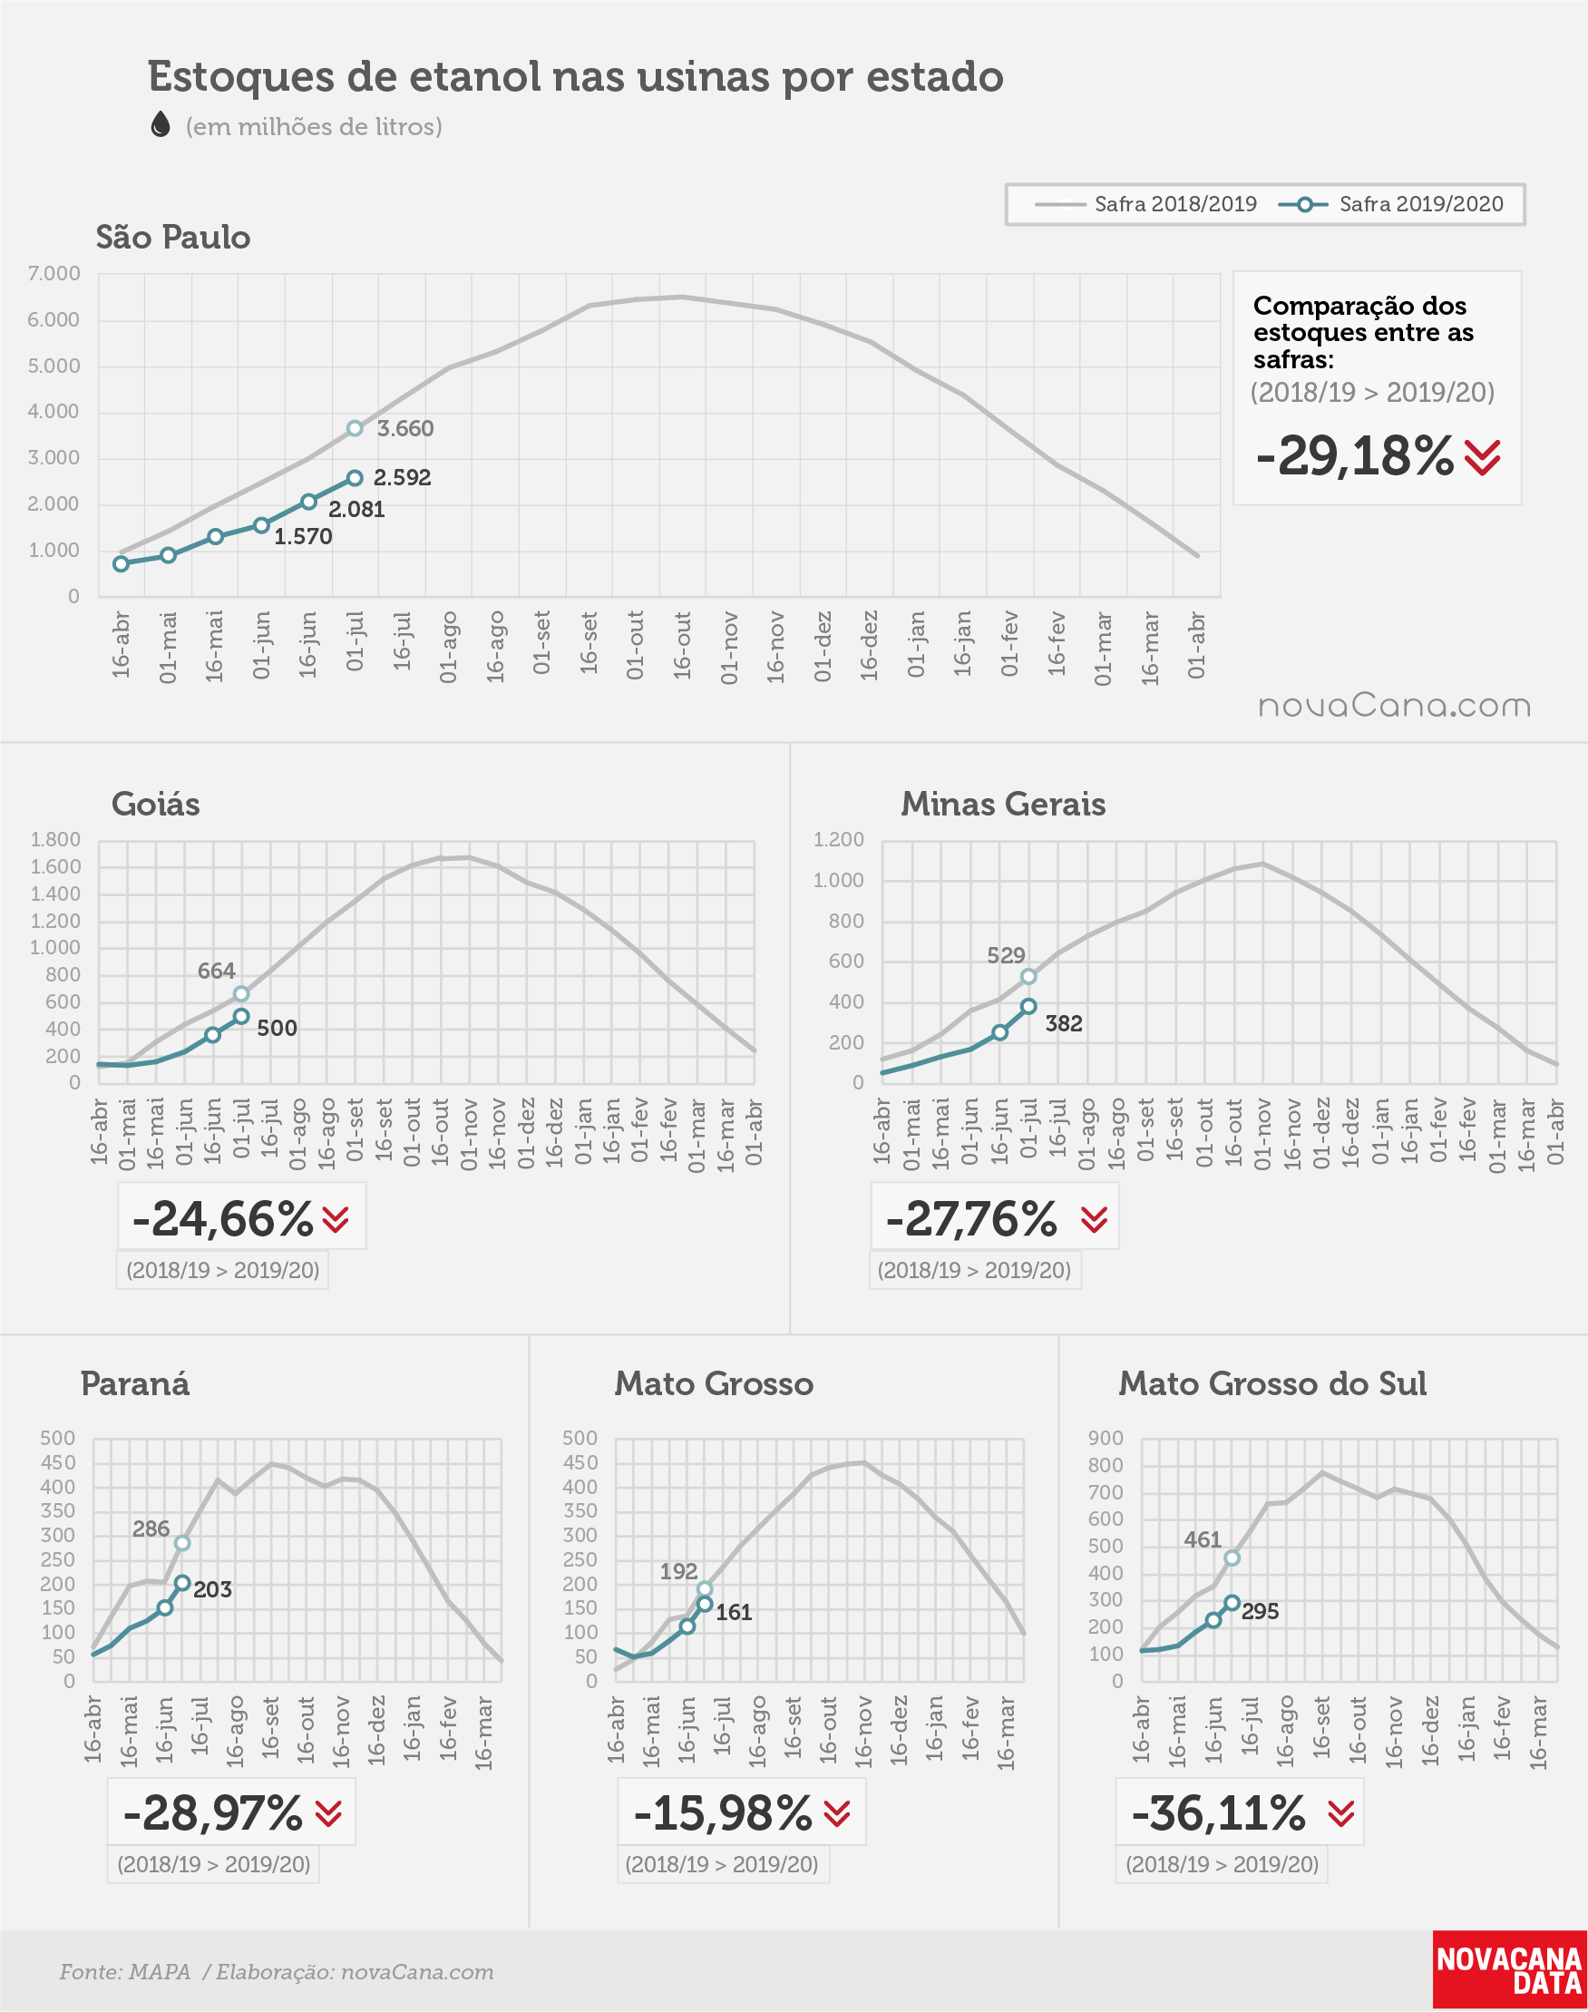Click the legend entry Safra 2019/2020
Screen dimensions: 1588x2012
click(1391, 203)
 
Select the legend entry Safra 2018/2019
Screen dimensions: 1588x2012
click(1145, 203)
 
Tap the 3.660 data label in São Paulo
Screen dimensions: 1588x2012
click(405, 429)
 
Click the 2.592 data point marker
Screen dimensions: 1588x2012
click(355, 478)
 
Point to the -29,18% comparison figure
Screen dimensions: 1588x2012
click(1354, 455)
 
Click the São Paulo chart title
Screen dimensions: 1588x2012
click(173, 237)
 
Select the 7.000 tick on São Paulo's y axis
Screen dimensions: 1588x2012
click(54, 273)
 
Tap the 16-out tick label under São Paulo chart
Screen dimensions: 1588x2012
click(682, 645)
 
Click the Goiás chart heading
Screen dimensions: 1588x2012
click(155, 804)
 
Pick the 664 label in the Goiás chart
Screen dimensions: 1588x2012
click(216, 971)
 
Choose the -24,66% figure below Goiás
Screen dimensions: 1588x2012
click(222, 1218)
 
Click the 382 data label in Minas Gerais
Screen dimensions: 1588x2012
click(1064, 1023)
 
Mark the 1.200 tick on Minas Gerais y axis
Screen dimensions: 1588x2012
click(839, 840)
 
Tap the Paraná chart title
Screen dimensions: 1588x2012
click(135, 1383)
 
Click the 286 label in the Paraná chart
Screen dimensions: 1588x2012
click(151, 1529)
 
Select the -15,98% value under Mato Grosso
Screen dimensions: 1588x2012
click(723, 1812)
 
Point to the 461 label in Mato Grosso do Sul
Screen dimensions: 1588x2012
click(1203, 1539)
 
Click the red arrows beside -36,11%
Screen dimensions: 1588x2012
click(1340, 1813)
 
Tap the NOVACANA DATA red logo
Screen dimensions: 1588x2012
click(1509, 1970)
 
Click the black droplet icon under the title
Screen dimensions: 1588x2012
click(161, 123)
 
